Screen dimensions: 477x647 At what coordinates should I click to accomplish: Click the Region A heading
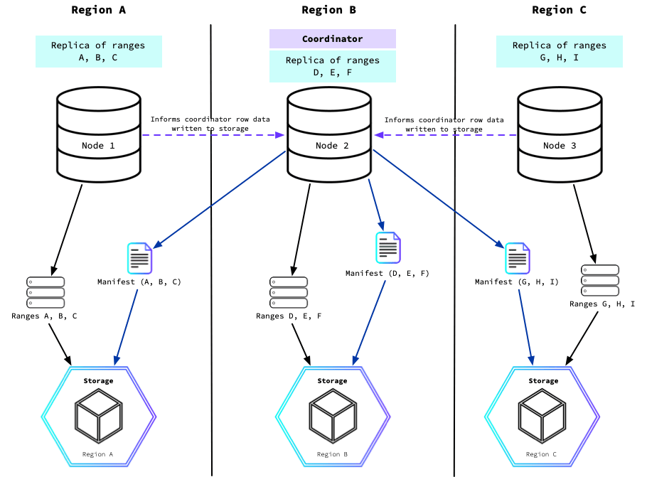click(98, 9)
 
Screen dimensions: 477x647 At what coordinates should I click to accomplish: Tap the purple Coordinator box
click(332, 39)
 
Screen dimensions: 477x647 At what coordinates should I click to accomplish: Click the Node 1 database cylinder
click(98, 134)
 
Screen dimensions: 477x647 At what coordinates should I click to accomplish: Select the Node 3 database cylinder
click(560, 134)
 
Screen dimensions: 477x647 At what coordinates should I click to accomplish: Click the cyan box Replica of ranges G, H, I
click(559, 51)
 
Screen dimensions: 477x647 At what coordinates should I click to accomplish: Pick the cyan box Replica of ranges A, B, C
click(98, 51)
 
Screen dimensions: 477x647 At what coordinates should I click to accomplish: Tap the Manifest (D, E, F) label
click(387, 273)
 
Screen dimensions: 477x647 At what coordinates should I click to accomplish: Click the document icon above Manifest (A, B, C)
click(139, 258)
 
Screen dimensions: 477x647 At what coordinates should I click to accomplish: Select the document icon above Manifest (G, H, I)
click(517, 257)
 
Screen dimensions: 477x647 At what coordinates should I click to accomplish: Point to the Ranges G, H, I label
click(607, 304)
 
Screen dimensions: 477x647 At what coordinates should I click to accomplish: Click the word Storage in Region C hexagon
click(543, 381)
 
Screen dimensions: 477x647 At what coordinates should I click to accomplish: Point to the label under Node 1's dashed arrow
click(210, 124)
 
